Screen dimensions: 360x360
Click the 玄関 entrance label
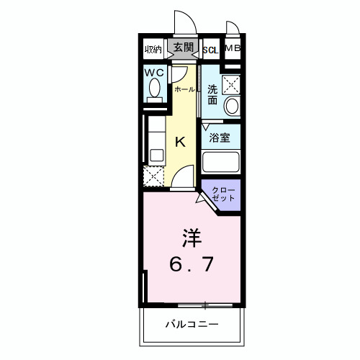[184, 48]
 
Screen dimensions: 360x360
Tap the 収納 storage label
[153, 50]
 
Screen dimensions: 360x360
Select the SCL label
[210, 50]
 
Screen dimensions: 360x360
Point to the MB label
[232, 48]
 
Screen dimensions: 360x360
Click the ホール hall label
[184, 89]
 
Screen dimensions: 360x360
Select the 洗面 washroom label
[213, 95]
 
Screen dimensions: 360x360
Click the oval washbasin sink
[231, 107]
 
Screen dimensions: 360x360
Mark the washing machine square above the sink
[230, 84]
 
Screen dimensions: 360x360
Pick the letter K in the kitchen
[181, 141]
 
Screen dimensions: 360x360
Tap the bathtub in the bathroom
[220, 162]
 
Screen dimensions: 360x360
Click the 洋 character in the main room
[189, 237]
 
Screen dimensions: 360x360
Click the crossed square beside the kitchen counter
[153, 175]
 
